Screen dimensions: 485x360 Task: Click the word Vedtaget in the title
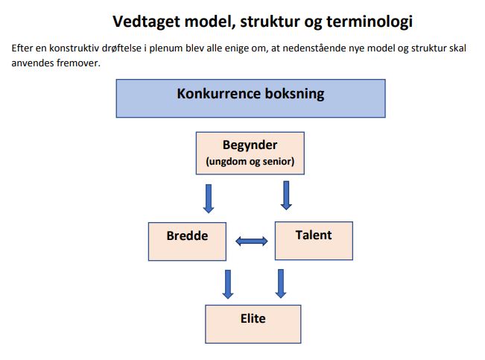pos(146,22)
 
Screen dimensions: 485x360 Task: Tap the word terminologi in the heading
pos(370,22)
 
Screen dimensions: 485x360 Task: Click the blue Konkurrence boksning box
pos(250,98)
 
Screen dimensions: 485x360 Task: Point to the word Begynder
pos(250,145)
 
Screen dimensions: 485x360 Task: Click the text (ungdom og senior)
pos(250,161)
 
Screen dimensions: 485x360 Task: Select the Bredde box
pos(187,241)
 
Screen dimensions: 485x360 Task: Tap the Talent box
pos(314,241)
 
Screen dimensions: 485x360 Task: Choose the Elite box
pos(253,324)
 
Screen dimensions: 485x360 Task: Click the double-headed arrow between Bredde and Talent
pos(252,241)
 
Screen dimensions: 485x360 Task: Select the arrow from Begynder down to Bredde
pos(209,198)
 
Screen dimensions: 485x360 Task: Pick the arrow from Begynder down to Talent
pos(286,195)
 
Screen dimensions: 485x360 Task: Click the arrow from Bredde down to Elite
pos(228,284)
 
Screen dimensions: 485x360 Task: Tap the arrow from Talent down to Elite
pos(281,283)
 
